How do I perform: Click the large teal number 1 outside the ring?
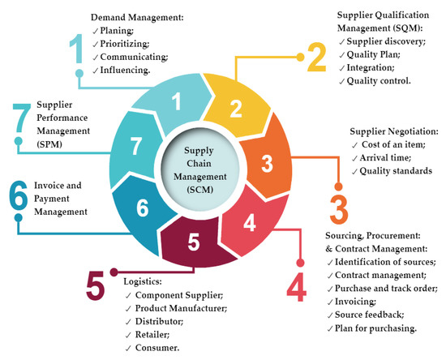pos(77,48)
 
